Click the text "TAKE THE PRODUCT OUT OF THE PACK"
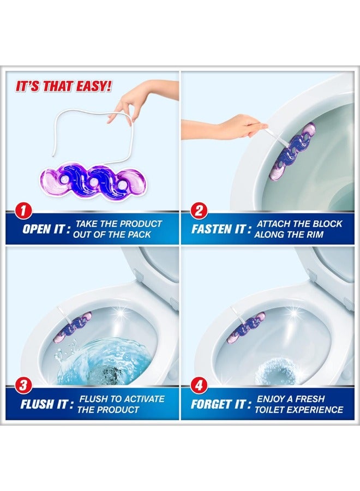(x=118, y=229)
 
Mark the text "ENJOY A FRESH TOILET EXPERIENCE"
(x=299, y=404)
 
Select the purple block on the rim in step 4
(x=245, y=327)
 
